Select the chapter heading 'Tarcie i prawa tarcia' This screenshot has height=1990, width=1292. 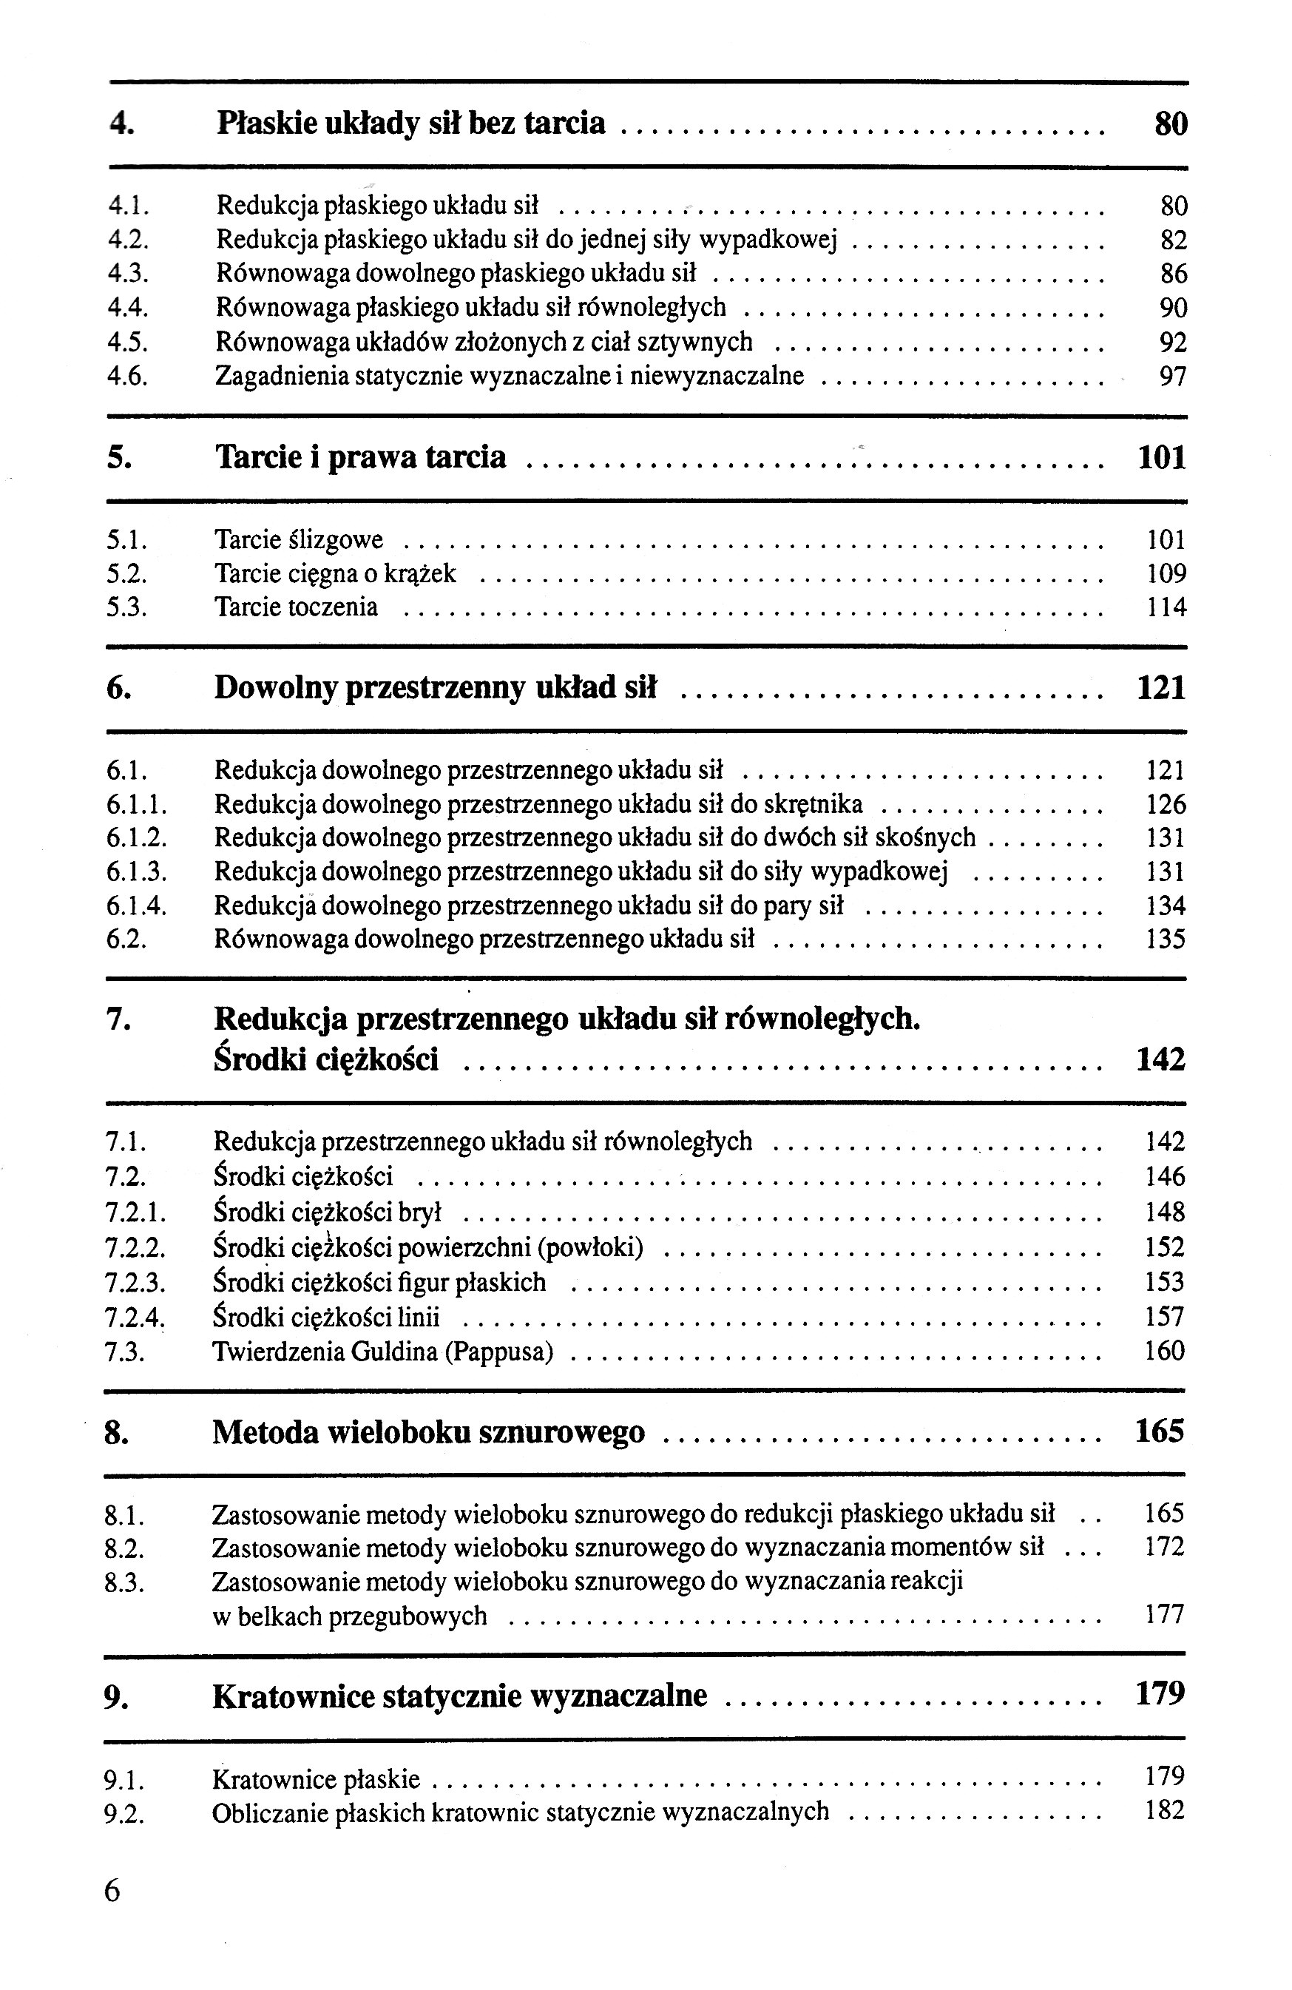click(x=360, y=457)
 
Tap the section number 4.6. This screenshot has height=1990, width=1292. click(x=128, y=377)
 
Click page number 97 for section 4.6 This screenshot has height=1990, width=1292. click(x=1172, y=377)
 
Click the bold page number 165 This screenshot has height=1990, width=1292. click(x=1160, y=1431)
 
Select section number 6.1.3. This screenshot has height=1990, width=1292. click(x=136, y=872)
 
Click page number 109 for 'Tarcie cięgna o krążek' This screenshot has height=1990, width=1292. click(x=1166, y=573)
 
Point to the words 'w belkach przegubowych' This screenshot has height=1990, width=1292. click(x=349, y=1616)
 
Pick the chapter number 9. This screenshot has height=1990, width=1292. click(x=115, y=1696)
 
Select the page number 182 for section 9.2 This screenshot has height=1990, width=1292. click(x=1164, y=1811)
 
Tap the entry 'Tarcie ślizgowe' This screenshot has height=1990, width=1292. click(x=298, y=540)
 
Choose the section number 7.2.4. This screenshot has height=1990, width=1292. click(x=135, y=1317)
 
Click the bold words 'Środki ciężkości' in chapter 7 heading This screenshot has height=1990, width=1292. click(x=326, y=1059)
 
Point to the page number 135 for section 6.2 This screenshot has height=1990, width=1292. click(x=1165, y=939)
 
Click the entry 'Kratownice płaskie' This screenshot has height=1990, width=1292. click(x=316, y=1778)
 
